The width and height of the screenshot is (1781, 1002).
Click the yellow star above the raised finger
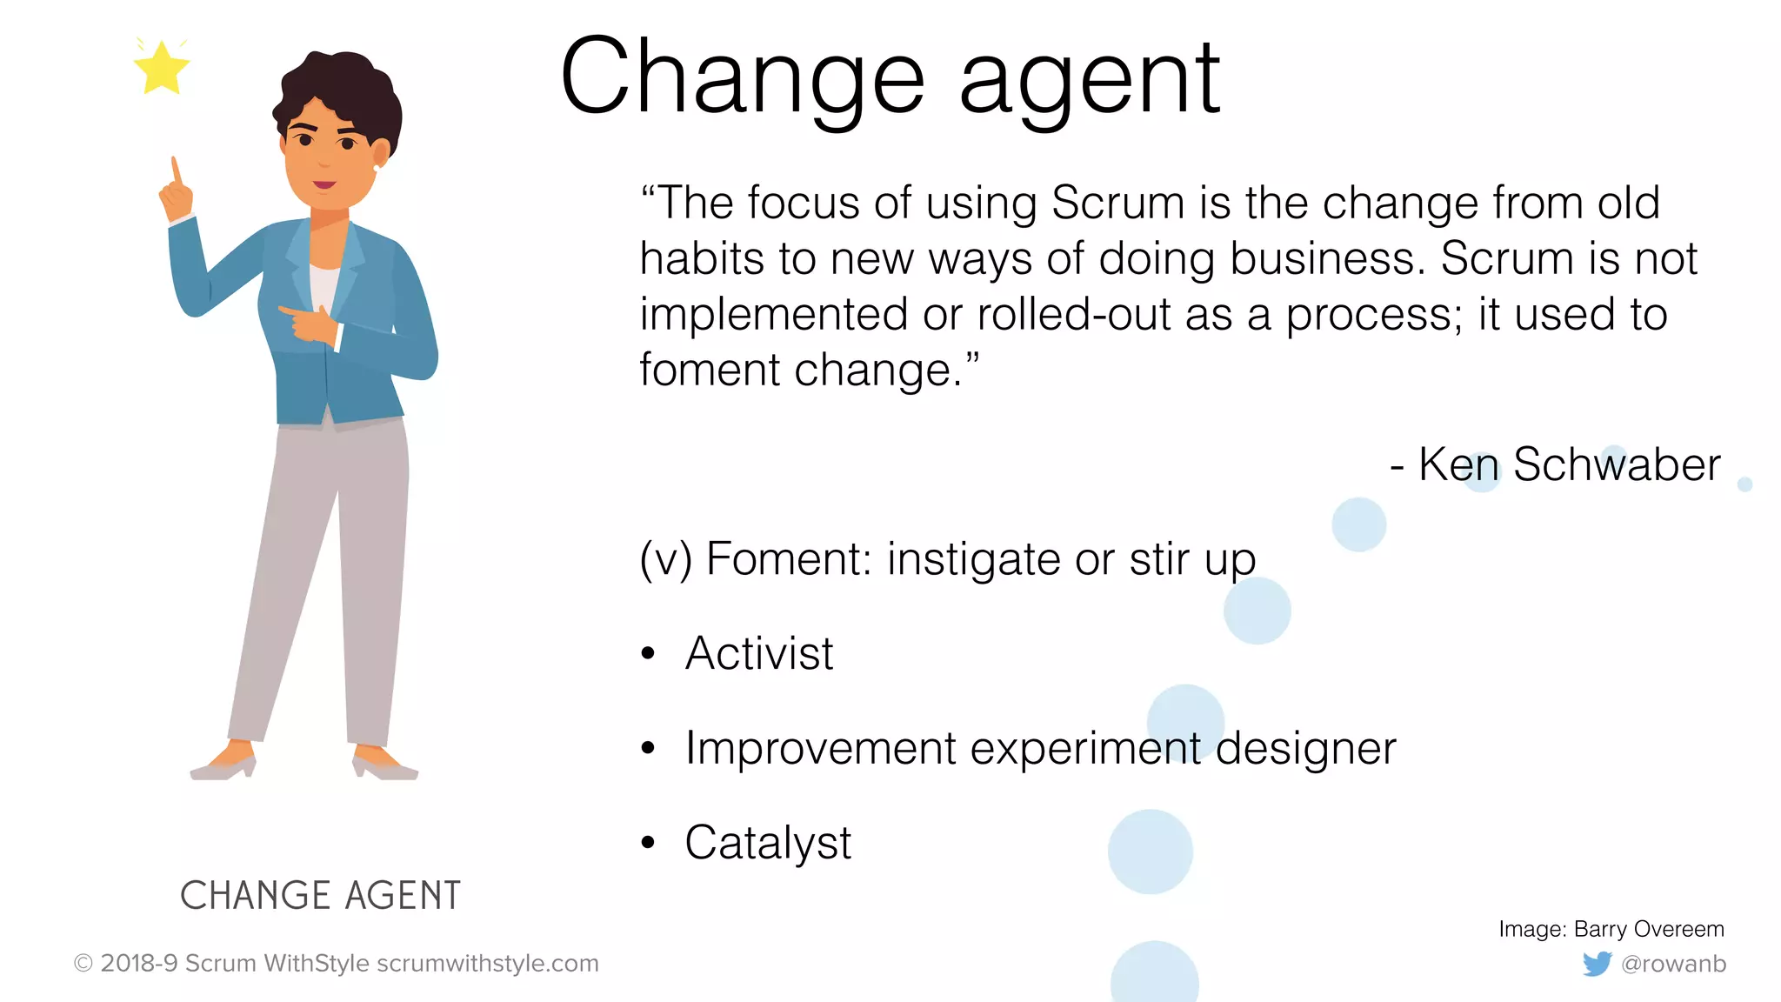(162, 68)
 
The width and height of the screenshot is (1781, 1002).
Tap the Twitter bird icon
(1597, 964)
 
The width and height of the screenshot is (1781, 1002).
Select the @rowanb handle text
(1673, 964)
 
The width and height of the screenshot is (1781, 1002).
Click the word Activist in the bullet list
(759, 653)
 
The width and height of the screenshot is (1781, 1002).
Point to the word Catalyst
(768, 843)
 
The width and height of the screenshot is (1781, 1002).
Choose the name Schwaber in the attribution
(1617, 464)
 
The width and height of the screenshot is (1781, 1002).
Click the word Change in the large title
(743, 77)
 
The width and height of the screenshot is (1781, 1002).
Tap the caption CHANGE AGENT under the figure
(320, 895)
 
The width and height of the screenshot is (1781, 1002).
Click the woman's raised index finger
(176, 170)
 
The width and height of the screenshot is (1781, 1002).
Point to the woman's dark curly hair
(344, 87)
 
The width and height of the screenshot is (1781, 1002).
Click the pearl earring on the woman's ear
(377, 167)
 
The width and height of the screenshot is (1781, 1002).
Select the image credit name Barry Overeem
(1649, 929)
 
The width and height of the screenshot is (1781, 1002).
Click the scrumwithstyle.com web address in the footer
(488, 964)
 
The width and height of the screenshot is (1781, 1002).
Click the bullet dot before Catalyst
(648, 843)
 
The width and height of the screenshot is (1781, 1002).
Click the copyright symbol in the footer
(83, 964)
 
